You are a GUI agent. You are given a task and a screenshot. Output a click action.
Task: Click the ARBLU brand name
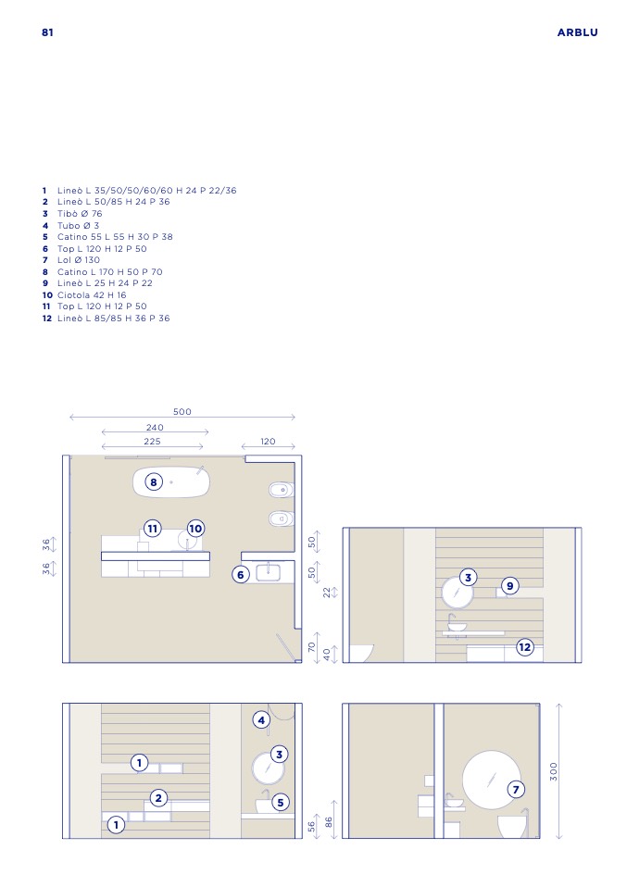577,32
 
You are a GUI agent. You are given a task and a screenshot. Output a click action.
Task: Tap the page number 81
47,32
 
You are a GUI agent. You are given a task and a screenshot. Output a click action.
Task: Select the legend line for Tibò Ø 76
73,214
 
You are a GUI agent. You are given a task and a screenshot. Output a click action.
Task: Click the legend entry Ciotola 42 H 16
84,295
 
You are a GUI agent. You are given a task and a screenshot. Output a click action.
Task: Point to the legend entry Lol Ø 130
71,260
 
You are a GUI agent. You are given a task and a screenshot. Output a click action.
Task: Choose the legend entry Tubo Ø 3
71,226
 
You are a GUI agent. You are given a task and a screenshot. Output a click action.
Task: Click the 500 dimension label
182,412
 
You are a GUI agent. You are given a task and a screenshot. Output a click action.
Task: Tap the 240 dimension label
155,428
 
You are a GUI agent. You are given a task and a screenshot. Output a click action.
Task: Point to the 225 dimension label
152,442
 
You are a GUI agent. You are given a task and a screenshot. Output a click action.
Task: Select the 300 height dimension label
554,771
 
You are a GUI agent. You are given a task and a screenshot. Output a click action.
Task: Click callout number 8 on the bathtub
154,482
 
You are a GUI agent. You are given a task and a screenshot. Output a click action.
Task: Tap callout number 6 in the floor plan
241,575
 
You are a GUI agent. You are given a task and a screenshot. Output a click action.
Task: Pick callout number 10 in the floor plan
195,529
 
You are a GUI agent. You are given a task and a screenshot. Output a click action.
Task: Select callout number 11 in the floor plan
152,529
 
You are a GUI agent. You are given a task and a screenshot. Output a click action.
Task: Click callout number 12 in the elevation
524,646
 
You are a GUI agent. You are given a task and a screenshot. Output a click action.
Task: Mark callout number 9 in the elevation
510,586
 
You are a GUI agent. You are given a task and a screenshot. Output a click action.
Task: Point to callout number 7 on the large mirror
516,789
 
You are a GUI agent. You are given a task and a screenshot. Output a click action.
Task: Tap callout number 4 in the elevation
261,720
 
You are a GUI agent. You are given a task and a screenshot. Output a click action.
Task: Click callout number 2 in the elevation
158,798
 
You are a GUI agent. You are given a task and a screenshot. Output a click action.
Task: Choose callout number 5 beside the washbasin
280,802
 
